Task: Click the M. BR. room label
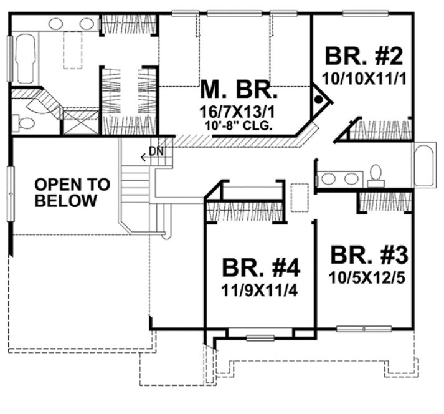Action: pyautogui.click(x=238, y=92)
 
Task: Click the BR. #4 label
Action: pyautogui.click(x=261, y=269)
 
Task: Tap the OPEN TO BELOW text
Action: pyautogui.click(x=72, y=193)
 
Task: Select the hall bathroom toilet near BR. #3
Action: pyautogui.click(x=376, y=175)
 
